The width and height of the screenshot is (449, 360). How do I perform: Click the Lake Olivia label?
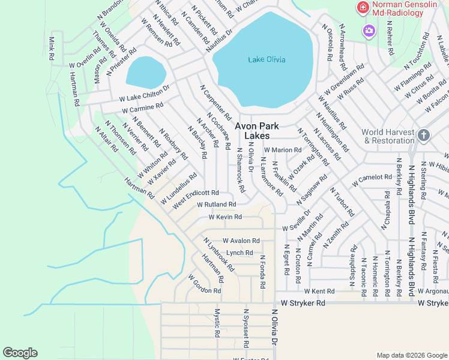(x=267, y=59)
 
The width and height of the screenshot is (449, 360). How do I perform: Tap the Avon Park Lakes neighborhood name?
(x=261, y=131)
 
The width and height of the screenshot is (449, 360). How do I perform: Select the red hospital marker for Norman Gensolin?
(x=363, y=8)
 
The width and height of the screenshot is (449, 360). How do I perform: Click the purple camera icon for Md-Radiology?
(x=368, y=29)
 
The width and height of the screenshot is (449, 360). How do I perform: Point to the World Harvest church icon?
(x=424, y=135)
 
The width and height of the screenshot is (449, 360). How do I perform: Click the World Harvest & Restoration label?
(x=388, y=136)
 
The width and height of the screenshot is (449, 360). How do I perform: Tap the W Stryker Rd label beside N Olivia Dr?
(x=304, y=304)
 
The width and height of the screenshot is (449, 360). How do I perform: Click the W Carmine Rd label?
(x=142, y=109)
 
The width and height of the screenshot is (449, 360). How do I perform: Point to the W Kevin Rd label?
(x=224, y=217)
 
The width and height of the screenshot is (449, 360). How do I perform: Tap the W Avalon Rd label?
(x=241, y=241)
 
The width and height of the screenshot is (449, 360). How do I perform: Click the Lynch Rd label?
(x=239, y=253)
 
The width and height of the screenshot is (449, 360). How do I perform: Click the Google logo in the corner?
(x=20, y=353)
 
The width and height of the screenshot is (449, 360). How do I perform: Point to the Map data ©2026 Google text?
(x=411, y=355)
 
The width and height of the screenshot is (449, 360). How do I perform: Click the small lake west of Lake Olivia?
(x=145, y=72)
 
